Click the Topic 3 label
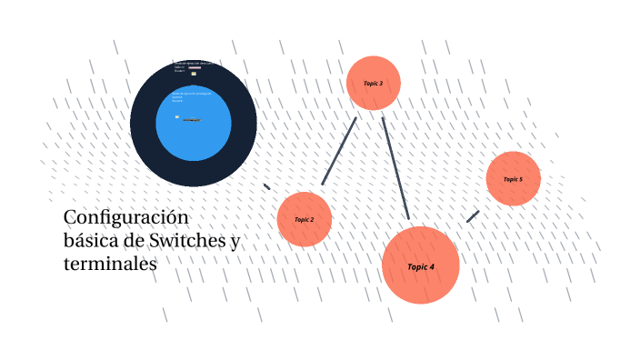click(373, 84)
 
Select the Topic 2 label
click(304, 220)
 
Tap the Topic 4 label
click(420, 267)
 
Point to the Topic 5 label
click(513, 179)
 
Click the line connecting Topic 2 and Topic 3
click(339, 151)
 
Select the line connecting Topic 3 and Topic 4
click(395, 168)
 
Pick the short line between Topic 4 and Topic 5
click(473, 216)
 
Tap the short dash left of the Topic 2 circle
click(266, 186)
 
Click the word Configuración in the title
click(125, 219)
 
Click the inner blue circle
click(194, 136)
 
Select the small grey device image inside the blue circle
click(191, 120)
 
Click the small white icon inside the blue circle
click(177, 116)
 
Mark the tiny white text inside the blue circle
click(189, 94)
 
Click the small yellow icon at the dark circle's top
click(194, 73)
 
